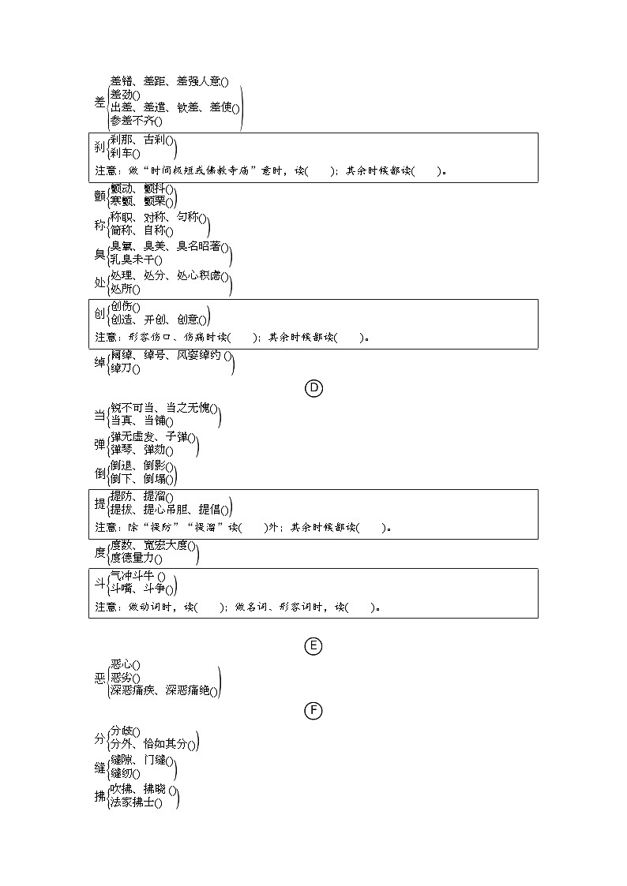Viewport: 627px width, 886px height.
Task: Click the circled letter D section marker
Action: pos(313,388)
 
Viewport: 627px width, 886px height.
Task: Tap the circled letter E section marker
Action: pos(313,646)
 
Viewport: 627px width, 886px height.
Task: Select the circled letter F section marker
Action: pos(313,711)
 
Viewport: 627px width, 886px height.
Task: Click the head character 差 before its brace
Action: pos(99,101)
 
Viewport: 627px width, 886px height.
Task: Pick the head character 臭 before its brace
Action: pos(99,253)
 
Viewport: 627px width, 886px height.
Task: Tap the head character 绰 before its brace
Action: pos(99,362)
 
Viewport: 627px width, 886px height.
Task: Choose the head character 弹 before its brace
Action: pos(99,444)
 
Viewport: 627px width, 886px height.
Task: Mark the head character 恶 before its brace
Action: pos(99,678)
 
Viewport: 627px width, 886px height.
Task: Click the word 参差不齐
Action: pos(133,121)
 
